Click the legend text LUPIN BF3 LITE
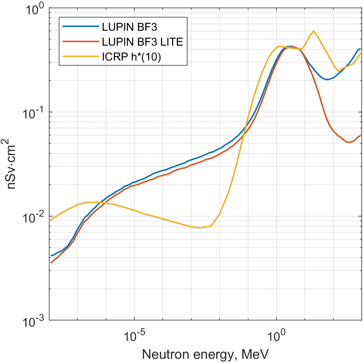tap(142, 42)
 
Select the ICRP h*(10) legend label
tap(132, 57)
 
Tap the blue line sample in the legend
tap(81, 27)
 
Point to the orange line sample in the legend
tap(81, 41)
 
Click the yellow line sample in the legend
tap(81, 56)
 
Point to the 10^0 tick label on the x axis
tap(277, 336)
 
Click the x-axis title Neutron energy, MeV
tap(205, 355)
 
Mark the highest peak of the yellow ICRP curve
tap(313, 31)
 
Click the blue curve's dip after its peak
tap(328, 79)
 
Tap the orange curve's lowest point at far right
tap(348, 142)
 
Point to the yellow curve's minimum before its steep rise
tap(200, 228)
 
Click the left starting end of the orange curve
tap(51, 263)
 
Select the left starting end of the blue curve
tap(51, 255)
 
